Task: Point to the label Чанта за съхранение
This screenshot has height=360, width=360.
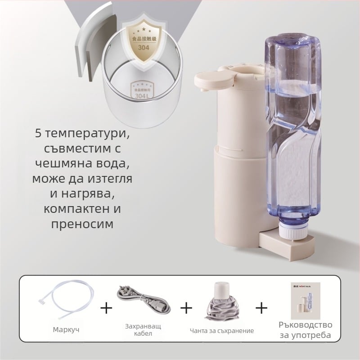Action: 221,331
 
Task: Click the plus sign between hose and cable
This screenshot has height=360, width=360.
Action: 106,308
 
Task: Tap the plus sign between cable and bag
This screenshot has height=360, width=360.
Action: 186,308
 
